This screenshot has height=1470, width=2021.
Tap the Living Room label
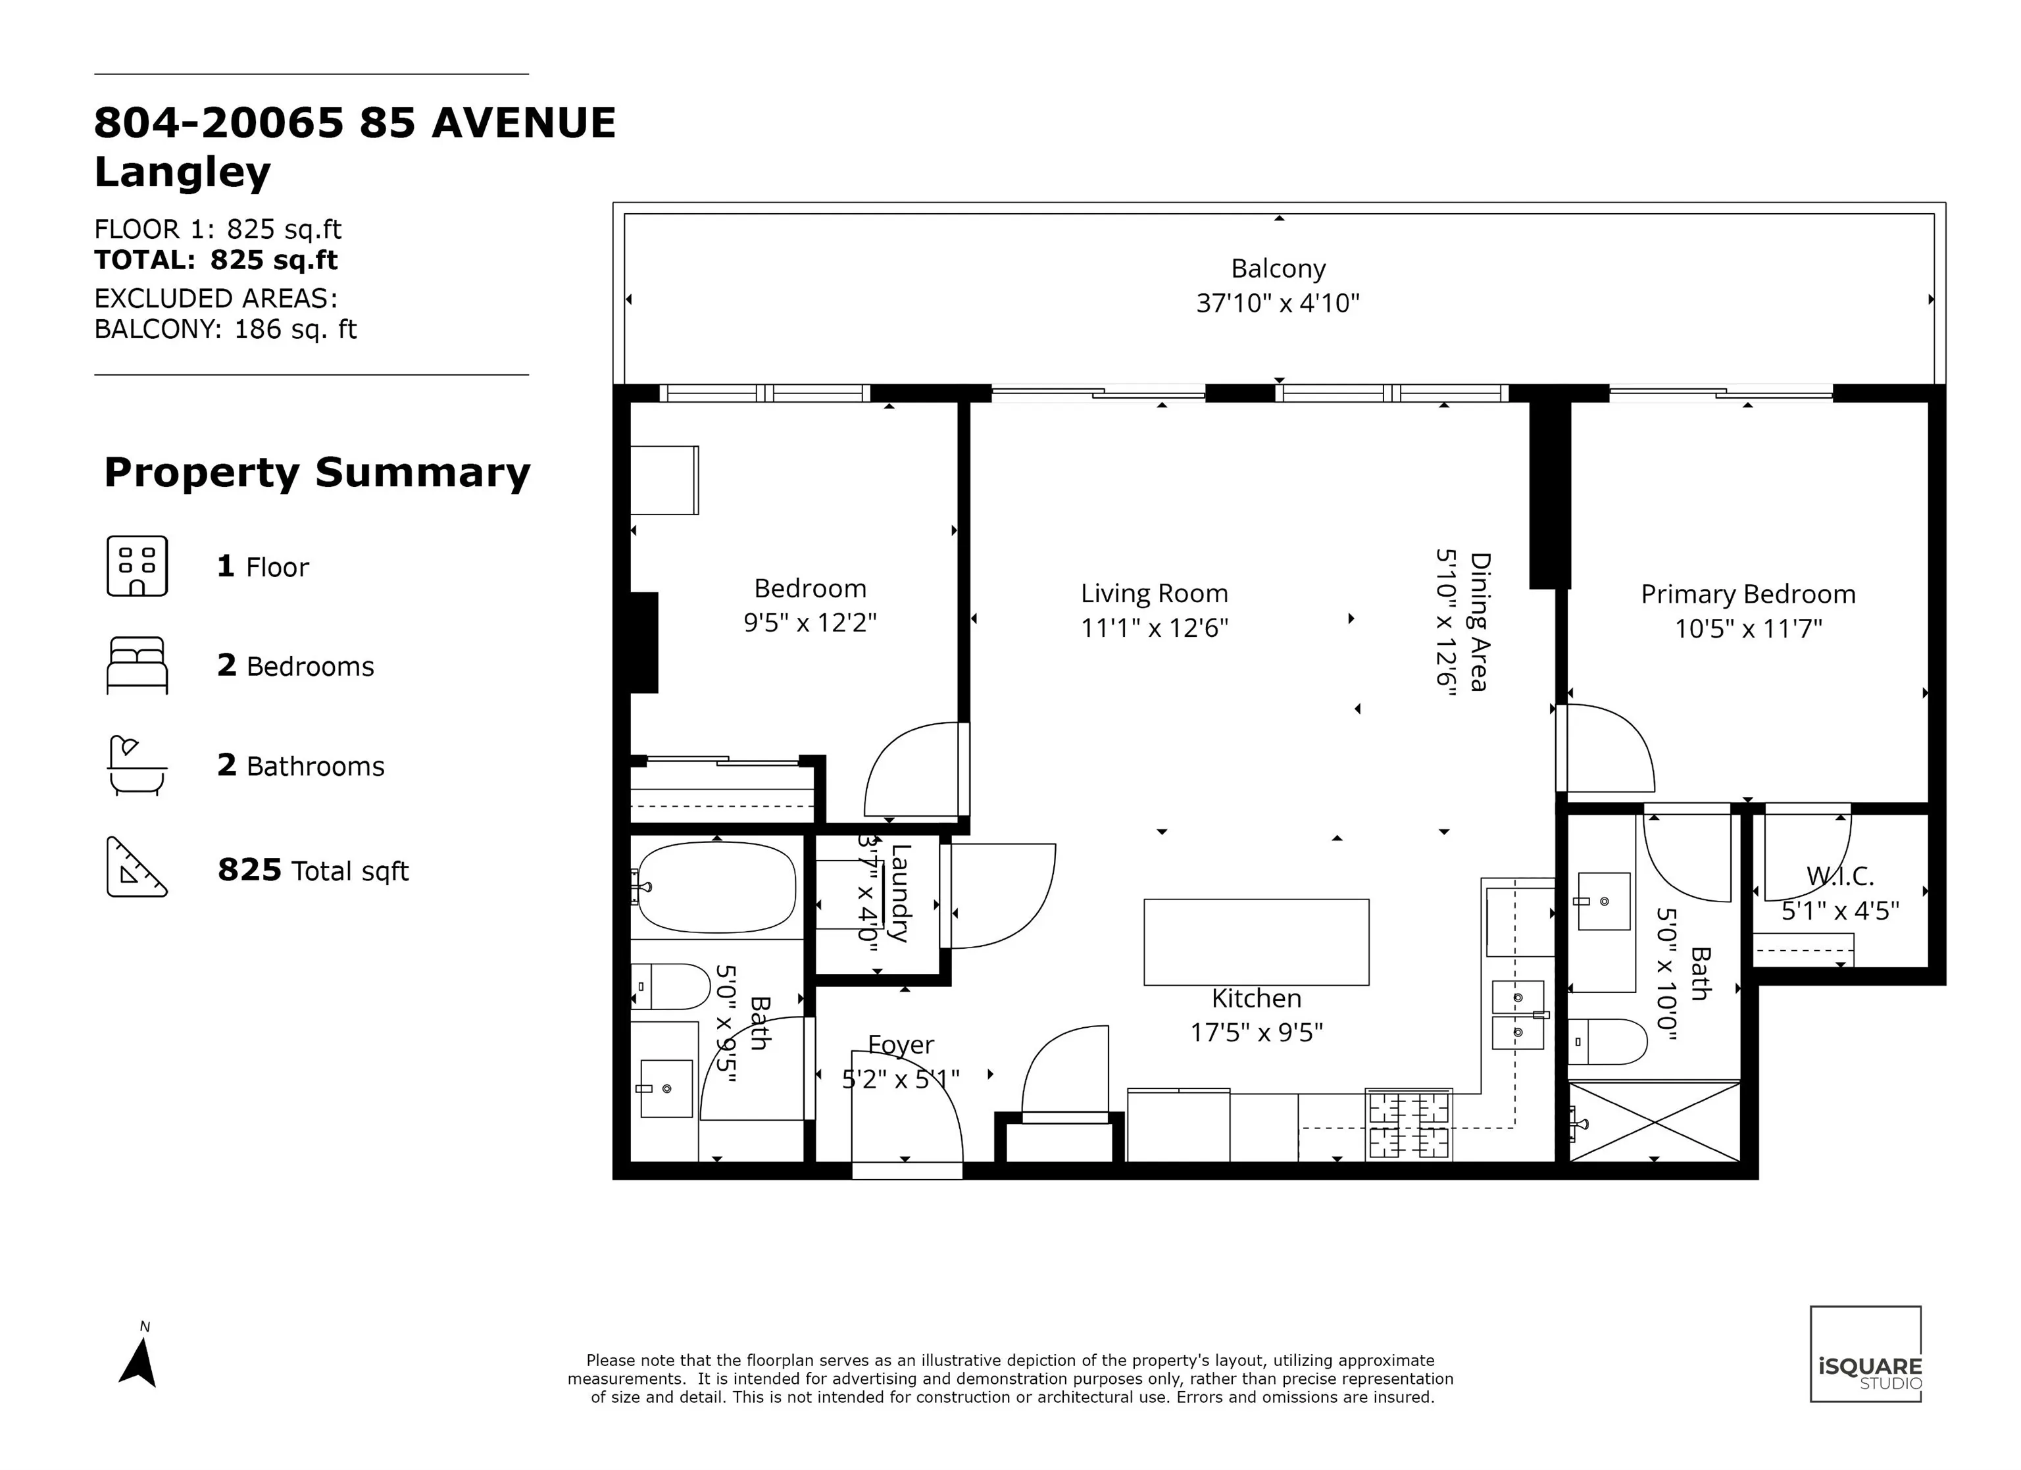1154,594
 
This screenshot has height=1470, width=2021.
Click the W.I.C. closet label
1840,876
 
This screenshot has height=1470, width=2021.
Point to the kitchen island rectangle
1257,942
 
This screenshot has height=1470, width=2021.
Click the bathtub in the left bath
716,888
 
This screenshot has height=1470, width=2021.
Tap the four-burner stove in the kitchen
1409,1125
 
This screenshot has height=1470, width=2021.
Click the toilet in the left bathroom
671,986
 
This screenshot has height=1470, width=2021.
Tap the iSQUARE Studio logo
1865,1354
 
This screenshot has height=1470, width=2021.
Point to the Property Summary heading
317,472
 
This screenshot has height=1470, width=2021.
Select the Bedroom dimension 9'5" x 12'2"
810,622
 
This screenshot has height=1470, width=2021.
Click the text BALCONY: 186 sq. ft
226,330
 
